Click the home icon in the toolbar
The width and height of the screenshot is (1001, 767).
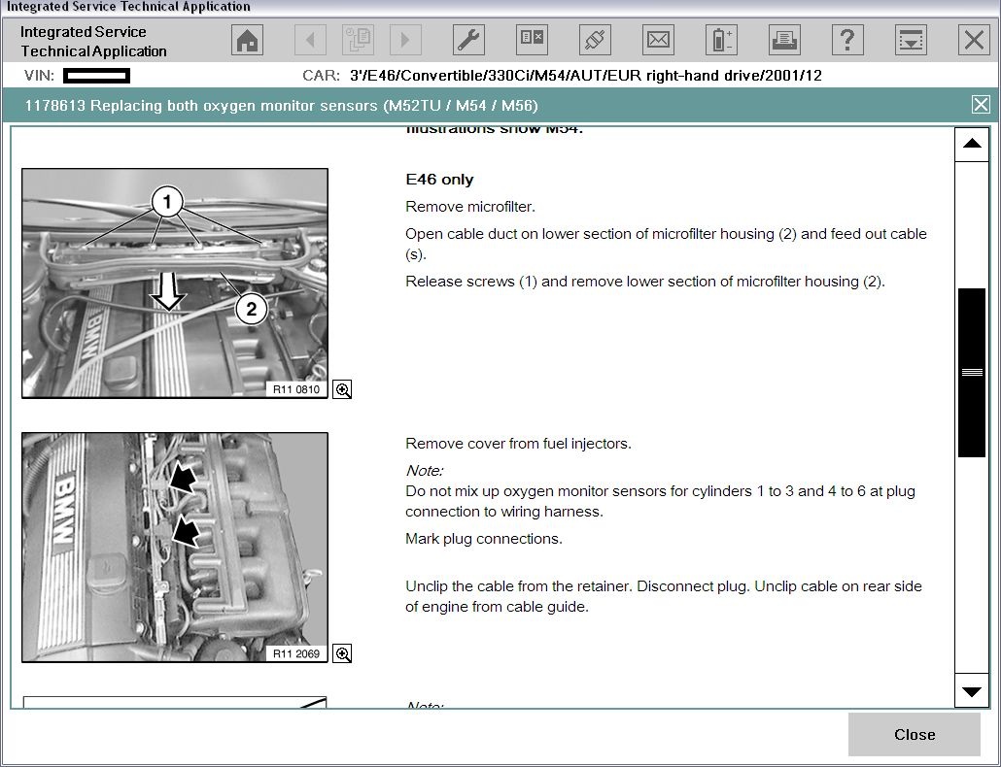(x=248, y=40)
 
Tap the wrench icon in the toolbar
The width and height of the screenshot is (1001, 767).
(x=468, y=40)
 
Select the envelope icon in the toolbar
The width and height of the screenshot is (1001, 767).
(x=658, y=40)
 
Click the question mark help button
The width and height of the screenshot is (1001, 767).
(x=847, y=40)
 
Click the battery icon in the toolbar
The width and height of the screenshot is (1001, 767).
(x=721, y=40)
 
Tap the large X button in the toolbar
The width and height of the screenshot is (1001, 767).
(x=973, y=40)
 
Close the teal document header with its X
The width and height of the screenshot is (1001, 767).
(x=981, y=105)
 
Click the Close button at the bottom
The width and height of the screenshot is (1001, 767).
(x=914, y=735)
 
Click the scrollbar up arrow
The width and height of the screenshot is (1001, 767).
(x=971, y=145)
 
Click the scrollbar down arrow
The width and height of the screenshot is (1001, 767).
(x=971, y=691)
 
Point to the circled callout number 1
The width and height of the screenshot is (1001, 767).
(x=167, y=202)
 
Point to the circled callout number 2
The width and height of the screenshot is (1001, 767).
(x=251, y=309)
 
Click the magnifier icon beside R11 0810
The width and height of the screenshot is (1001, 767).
(x=342, y=389)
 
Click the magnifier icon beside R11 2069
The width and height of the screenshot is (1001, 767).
(x=342, y=653)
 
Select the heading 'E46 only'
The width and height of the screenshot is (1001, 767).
(x=439, y=180)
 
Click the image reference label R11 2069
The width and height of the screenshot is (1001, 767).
(x=295, y=653)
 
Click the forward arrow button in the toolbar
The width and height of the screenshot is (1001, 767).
(x=405, y=40)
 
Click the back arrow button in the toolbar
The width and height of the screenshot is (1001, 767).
(x=311, y=40)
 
